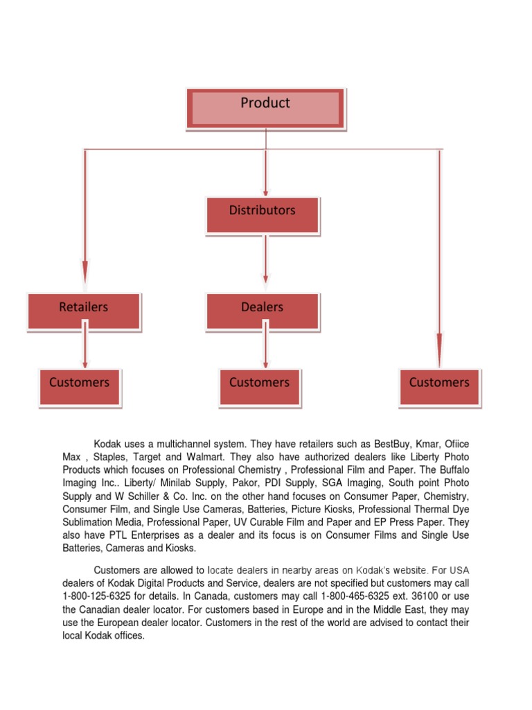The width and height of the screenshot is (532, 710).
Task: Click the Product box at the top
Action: [x=265, y=108]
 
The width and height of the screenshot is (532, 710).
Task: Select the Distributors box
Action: [x=263, y=214]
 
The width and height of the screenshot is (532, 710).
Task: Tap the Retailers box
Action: [x=84, y=311]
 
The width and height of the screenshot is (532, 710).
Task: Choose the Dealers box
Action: [x=263, y=311]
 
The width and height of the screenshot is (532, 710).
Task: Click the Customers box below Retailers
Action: [x=80, y=386]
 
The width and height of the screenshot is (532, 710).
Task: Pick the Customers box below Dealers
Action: [x=260, y=386]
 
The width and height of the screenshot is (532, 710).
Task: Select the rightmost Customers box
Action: [x=439, y=386]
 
